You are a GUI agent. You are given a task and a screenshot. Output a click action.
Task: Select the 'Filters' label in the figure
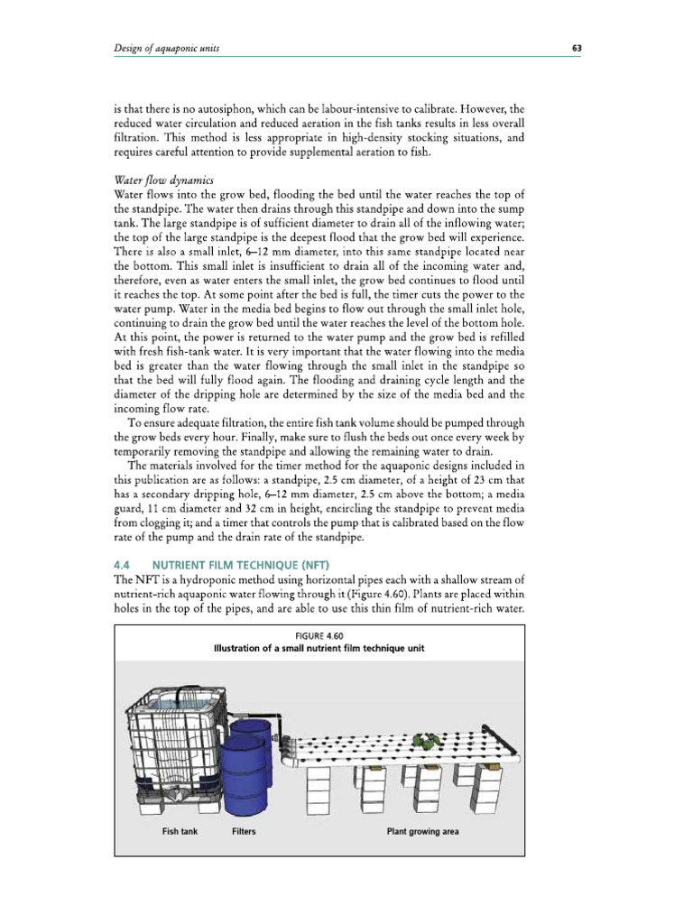[244, 830]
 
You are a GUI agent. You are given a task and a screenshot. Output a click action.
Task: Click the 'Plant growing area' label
[418, 830]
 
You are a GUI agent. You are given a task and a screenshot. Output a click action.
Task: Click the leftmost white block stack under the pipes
[320, 790]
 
